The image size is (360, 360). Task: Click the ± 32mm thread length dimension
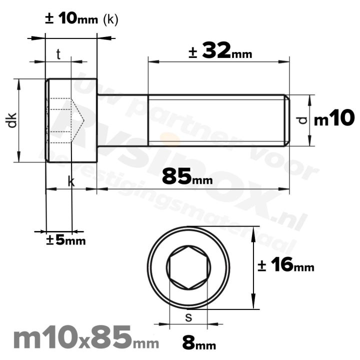click(x=220, y=51)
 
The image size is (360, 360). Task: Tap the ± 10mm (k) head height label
click(x=81, y=19)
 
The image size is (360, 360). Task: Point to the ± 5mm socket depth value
click(x=66, y=240)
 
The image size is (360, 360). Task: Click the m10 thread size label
click(x=334, y=118)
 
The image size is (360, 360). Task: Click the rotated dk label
click(x=12, y=120)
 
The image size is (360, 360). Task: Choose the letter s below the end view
click(x=188, y=316)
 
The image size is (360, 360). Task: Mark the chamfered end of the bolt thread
click(x=287, y=120)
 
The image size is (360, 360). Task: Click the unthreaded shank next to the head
click(x=122, y=120)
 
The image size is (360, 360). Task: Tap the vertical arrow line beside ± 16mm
click(x=254, y=267)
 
